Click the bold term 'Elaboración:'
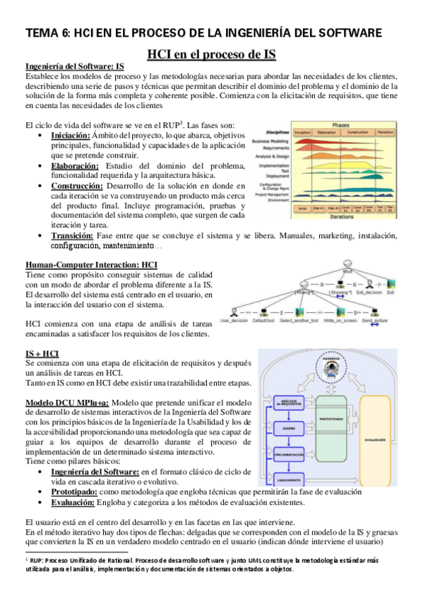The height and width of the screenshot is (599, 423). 73,166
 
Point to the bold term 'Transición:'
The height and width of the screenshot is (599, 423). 73,235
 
